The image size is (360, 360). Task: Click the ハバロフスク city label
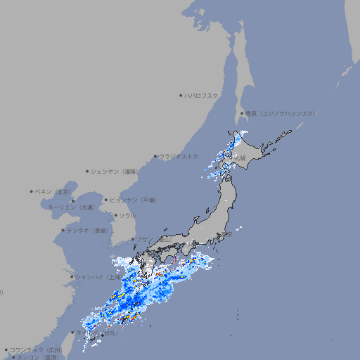(x=202, y=95)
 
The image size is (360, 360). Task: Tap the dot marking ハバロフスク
(x=181, y=95)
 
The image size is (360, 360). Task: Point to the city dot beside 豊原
(x=243, y=113)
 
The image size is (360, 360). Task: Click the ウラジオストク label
(x=179, y=156)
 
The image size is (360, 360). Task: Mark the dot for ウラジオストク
(x=155, y=156)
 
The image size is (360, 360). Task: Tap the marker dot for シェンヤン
(x=87, y=171)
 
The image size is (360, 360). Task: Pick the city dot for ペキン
(x=32, y=191)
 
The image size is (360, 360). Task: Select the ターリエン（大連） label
(x=70, y=207)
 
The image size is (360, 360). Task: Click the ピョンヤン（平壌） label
(x=134, y=200)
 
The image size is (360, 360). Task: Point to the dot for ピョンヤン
(x=107, y=200)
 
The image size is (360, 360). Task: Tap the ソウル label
(x=127, y=215)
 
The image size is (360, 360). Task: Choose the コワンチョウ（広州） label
(x=37, y=349)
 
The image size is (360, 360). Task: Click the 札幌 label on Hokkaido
(x=240, y=159)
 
